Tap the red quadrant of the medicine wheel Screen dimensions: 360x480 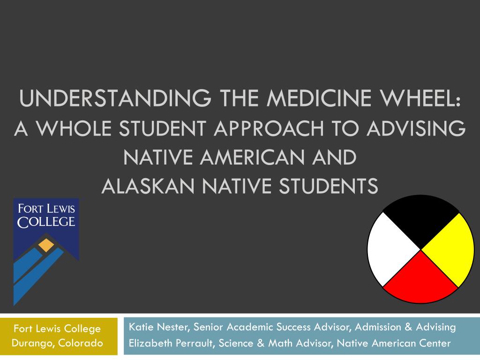click(x=420, y=279)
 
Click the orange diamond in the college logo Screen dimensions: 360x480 click(x=46, y=244)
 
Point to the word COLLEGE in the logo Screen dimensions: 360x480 click(x=46, y=221)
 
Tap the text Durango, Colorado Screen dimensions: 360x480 click(x=57, y=344)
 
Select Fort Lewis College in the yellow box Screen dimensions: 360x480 click(x=57, y=329)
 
